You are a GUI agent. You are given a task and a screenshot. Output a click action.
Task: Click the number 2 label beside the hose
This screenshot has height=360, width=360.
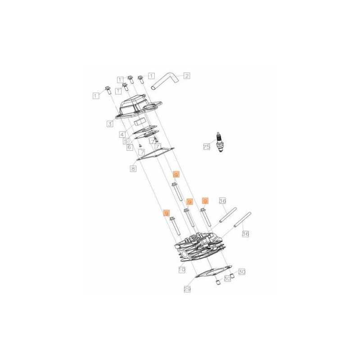pos(186,76)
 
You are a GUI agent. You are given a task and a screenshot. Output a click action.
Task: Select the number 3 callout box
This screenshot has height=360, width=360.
pos(110,124)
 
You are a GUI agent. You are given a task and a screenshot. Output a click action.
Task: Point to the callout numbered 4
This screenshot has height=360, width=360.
pos(122,134)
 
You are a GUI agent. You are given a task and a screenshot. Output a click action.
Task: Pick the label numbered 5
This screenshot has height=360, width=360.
pos(126,141)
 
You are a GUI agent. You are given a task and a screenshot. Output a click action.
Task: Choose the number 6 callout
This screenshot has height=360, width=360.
pos(129,147)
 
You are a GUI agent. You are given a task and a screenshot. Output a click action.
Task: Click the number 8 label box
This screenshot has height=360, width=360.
pos(133,169)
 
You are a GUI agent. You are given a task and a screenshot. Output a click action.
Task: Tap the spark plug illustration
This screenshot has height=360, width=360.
pos(220,142)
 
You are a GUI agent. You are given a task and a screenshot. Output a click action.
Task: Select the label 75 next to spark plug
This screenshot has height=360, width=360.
pos(207,147)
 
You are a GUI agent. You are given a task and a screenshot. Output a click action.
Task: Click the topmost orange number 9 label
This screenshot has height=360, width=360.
pos(176,174)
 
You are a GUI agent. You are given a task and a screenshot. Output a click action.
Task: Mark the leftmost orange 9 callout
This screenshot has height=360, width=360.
pos(166,213)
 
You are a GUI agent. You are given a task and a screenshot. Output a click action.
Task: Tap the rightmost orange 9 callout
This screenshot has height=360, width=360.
pos(205,201)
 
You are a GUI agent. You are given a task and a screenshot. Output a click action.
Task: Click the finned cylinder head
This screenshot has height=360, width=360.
pos(200,250)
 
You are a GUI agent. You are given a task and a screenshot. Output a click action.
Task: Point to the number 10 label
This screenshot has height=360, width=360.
pos(182,270)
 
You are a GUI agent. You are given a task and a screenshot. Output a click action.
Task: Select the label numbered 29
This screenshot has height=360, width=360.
pos(187,290)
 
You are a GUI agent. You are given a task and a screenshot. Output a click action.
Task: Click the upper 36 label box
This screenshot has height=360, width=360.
pos(222,201)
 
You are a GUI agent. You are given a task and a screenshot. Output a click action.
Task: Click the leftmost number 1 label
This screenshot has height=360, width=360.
pos(96,95)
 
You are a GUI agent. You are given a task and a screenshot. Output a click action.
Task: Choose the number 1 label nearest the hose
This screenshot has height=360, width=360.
pos(151,76)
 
